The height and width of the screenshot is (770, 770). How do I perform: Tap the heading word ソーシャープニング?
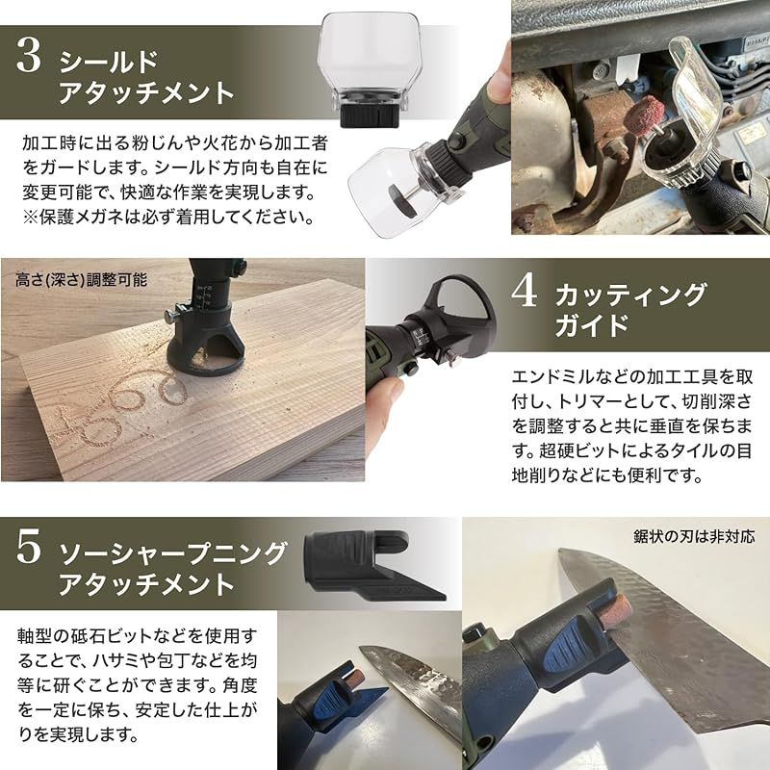(x=173, y=553)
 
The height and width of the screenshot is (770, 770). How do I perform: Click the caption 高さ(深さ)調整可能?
(x=82, y=281)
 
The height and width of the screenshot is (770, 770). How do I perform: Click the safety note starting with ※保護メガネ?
(x=168, y=217)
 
